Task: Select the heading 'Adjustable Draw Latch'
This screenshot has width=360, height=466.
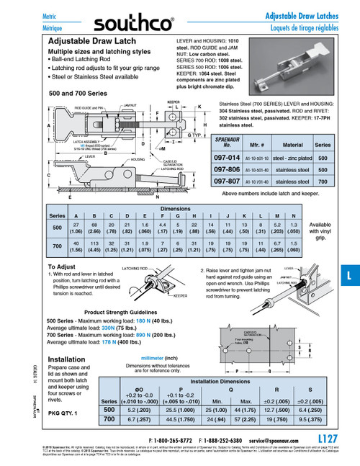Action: (89, 43)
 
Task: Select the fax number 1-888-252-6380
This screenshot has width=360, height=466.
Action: (230, 438)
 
